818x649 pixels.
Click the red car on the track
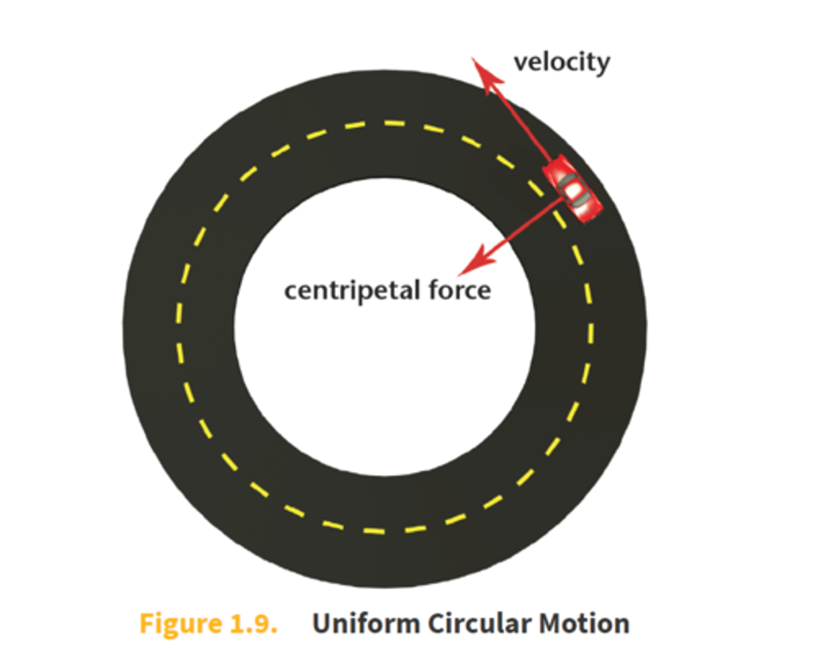pyautogui.click(x=573, y=189)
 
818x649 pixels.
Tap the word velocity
pyautogui.click(x=561, y=62)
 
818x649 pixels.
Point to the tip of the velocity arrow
pyautogui.click(x=474, y=58)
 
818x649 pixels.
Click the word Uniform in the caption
pyautogui.click(x=366, y=623)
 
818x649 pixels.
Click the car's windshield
pyautogui.click(x=567, y=181)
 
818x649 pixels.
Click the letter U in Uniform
pyautogui.click(x=322, y=623)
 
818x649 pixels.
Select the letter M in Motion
pyautogui.click(x=551, y=623)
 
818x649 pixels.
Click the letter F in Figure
pyautogui.click(x=147, y=623)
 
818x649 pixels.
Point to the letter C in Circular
pyautogui.click(x=437, y=623)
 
